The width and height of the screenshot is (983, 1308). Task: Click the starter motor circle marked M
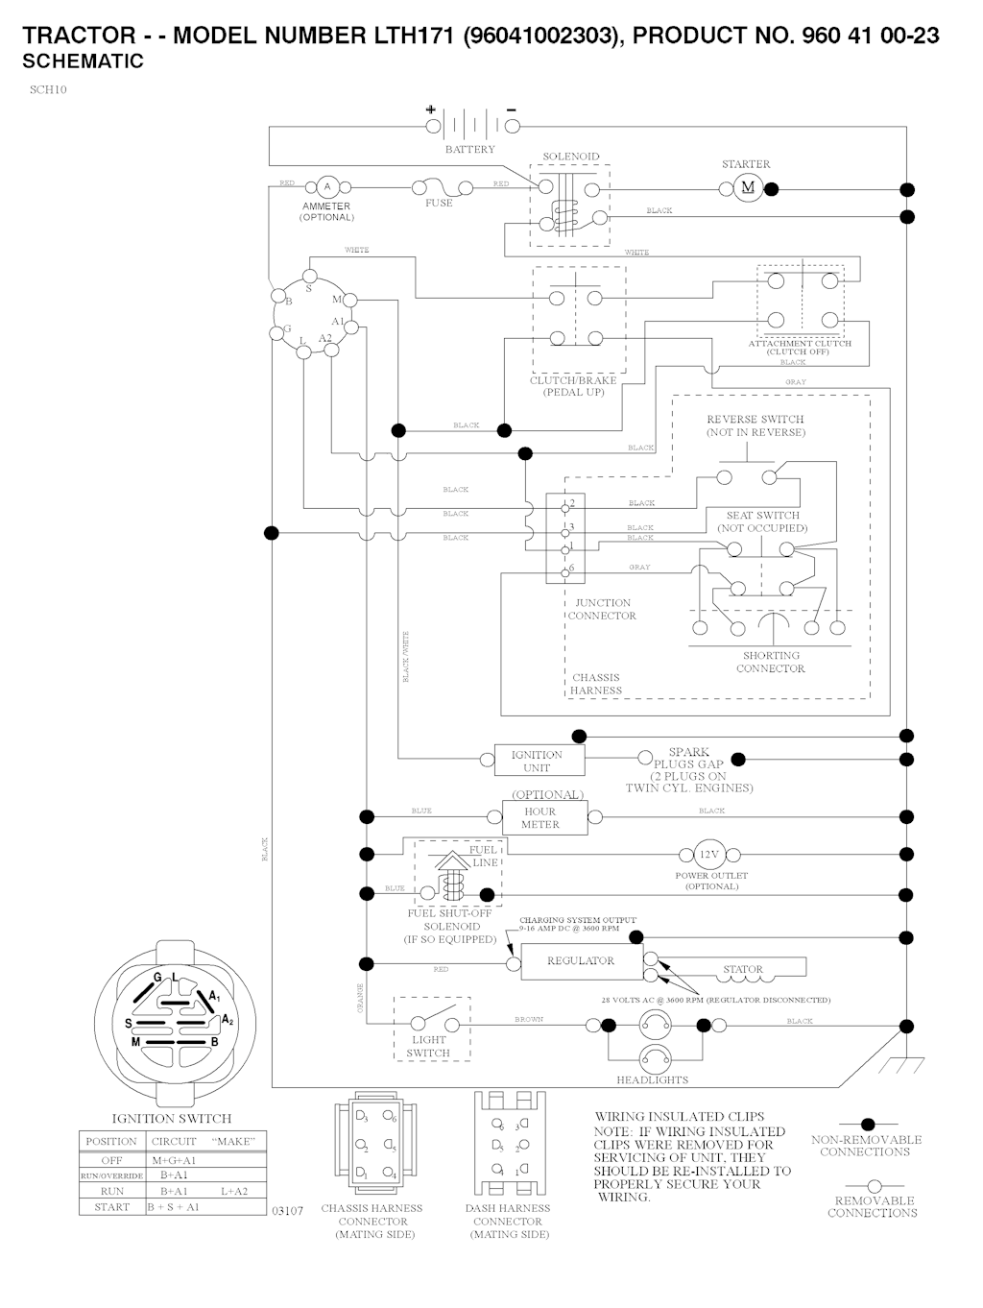click(x=749, y=187)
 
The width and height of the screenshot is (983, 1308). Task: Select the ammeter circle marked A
click(x=326, y=186)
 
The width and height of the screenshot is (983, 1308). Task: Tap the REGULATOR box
click(x=581, y=960)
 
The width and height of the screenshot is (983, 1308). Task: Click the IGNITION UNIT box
click(x=537, y=761)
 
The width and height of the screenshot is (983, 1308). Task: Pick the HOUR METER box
click(x=539, y=818)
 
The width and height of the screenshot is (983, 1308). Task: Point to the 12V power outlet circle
click(x=708, y=855)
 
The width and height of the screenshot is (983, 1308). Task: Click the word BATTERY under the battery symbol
click(x=469, y=150)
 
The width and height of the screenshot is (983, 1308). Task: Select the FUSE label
click(x=439, y=204)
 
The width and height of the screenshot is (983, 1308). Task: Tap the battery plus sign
click(x=430, y=109)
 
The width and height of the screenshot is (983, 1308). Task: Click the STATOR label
click(x=742, y=969)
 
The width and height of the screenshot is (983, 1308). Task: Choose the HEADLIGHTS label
click(x=652, y=1080)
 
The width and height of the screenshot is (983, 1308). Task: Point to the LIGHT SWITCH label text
click(x=428, y=1046)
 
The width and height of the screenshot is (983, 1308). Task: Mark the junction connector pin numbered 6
click(x=564, y=569)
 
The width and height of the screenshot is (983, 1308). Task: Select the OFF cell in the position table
click(x=111, y=1160)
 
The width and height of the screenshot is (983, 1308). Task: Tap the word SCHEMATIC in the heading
click(x=83, y=61)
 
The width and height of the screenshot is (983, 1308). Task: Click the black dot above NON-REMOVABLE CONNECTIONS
click(x=868, y=1124)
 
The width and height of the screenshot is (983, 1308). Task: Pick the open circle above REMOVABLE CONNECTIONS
click(x=874, y=1187)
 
